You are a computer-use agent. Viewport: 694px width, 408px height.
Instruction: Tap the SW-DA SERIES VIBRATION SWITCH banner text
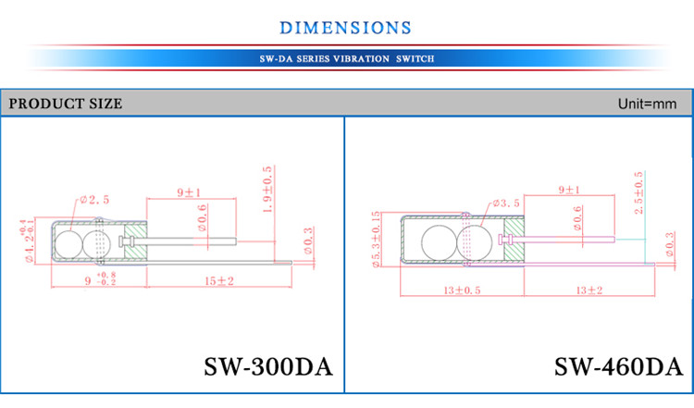point(347,58)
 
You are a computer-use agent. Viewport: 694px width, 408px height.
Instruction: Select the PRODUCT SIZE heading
point(66,104)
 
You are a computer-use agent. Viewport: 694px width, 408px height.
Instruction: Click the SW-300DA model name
point(267,366)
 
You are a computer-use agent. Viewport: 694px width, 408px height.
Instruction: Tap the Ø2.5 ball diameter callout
point(95,199)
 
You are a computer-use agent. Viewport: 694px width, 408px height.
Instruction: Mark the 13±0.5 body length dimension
point(438,291)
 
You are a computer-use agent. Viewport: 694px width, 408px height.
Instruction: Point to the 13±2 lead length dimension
point(589,291)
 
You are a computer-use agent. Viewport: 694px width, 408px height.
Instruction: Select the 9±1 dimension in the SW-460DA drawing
point(570,190)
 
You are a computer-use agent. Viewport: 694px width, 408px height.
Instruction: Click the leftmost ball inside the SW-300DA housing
point(69,244)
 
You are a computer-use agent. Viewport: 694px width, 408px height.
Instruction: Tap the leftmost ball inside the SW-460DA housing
point(439,242)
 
